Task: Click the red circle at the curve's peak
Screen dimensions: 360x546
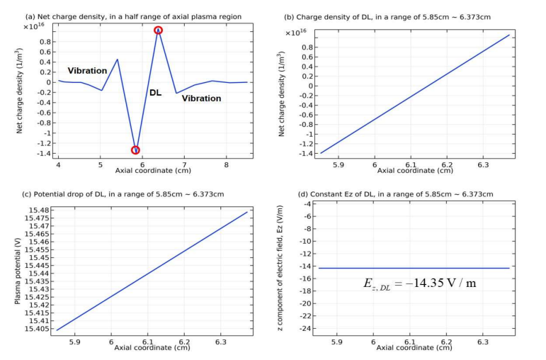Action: [158, 30]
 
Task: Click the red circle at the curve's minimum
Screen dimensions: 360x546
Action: [135, 150]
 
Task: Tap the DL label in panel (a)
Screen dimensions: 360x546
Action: [155, 92]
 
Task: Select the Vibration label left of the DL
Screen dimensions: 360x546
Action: [87, 71]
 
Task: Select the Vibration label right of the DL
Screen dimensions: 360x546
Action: [201, 99]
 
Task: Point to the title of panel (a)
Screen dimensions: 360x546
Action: [132, 16]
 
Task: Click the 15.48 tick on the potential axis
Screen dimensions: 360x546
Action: [39, 210]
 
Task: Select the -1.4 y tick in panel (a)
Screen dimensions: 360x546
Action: [43, 153]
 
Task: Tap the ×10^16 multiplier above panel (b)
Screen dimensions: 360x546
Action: [296, 32]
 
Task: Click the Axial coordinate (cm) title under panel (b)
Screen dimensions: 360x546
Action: [415, 170]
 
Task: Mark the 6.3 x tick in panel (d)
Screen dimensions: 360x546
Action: [483, 340]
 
